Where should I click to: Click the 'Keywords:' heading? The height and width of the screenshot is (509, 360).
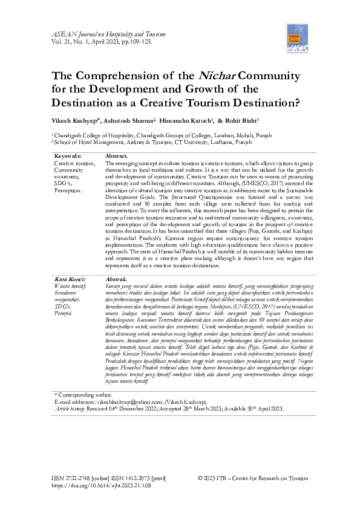pyautogui.click(x=68, y=157)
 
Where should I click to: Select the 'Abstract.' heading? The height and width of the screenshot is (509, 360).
pyautogui.click(x=117, y=157)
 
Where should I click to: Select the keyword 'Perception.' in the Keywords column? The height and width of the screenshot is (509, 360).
pyautogui.click(x=68, y=190)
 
